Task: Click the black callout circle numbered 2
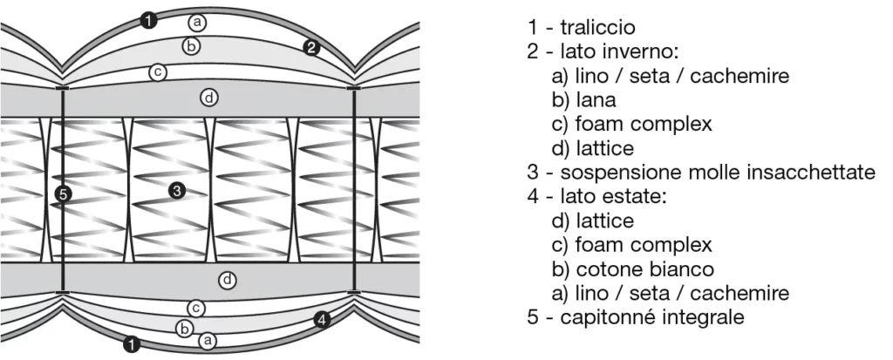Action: [310, 48]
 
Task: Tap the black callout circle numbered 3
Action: [177, 191]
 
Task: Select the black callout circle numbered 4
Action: [322, 320]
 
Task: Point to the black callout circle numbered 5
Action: [63, 194]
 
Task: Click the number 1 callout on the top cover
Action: [148, 22]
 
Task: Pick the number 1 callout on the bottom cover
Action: [132, 344]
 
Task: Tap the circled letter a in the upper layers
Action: [197, 23]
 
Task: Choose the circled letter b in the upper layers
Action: [191, 46]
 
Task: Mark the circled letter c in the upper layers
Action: [157, 72]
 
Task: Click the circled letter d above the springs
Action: [209, 98]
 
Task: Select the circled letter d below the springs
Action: [228, 280]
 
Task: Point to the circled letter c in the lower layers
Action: [195, 309]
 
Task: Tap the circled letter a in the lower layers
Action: [208, 341]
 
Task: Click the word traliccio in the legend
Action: [597, 27]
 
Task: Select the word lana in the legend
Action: [596, 99]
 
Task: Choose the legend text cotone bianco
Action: [644, 268]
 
